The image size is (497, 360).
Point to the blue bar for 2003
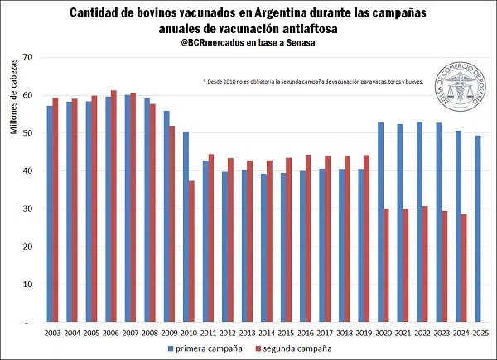[50, 214]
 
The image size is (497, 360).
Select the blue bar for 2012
[224, 247]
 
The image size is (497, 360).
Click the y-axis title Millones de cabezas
[13, 133]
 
